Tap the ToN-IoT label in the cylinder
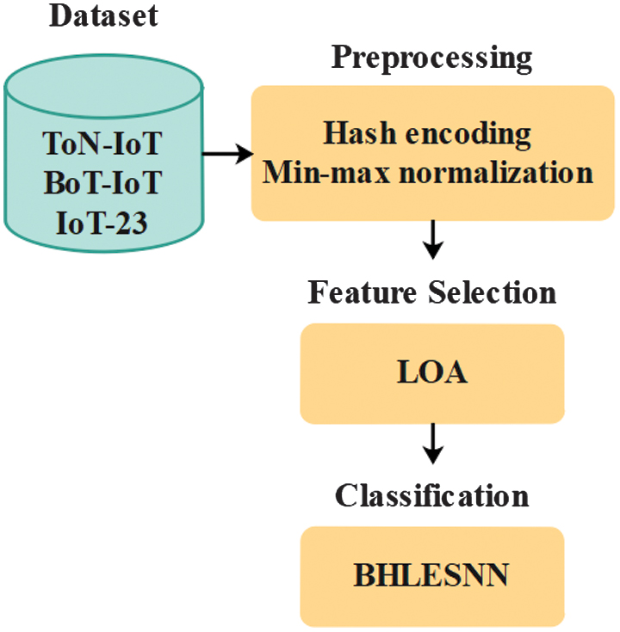click(102, 143)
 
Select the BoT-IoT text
click(102, 182)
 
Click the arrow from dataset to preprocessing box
click(226, 155)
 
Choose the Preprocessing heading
click(431, 58)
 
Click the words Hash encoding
click(427, 134)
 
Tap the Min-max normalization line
click(428, 172)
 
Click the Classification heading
click(431, 495)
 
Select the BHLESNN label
click(431, 574)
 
